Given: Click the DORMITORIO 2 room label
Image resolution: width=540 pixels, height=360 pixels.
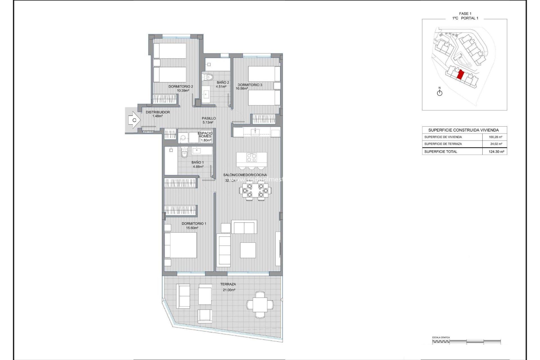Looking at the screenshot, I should coord(181,87).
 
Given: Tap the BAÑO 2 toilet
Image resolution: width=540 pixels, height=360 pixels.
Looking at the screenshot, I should coord(208,76).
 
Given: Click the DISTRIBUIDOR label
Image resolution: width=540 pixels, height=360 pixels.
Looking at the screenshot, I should coord(157,112).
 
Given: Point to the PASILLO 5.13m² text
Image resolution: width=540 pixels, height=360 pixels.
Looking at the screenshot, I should coord(208,120).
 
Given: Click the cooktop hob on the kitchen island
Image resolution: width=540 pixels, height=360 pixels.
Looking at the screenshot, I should coord(251,157).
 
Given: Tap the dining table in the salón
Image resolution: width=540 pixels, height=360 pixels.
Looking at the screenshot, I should coord(255,190).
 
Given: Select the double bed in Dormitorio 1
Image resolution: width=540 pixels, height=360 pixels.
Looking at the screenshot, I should coord(180,245).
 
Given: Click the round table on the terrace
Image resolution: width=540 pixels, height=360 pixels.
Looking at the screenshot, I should coord(260,305).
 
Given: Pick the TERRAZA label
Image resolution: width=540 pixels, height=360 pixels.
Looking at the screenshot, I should coord(228,284).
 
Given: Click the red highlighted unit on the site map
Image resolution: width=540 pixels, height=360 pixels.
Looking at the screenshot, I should coord(460,75).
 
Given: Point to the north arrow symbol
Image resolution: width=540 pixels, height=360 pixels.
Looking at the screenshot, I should coord(440,92).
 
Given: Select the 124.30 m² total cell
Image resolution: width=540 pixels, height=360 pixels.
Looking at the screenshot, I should coord(496,152).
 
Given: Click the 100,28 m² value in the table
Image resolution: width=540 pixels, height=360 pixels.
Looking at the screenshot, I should coord(495,137).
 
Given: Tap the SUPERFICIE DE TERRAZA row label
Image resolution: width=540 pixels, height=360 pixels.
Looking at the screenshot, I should coord(443,144).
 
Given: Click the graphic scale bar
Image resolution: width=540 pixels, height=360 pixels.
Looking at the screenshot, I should coord(466,341).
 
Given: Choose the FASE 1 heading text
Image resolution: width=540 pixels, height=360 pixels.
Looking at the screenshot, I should coord(465,13).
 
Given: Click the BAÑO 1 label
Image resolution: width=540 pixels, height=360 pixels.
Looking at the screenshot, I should coord(197,162).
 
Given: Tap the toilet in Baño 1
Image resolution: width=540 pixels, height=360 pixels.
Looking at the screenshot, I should coord(184,154).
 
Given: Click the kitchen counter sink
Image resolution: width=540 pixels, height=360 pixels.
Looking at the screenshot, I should coord(255,131).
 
